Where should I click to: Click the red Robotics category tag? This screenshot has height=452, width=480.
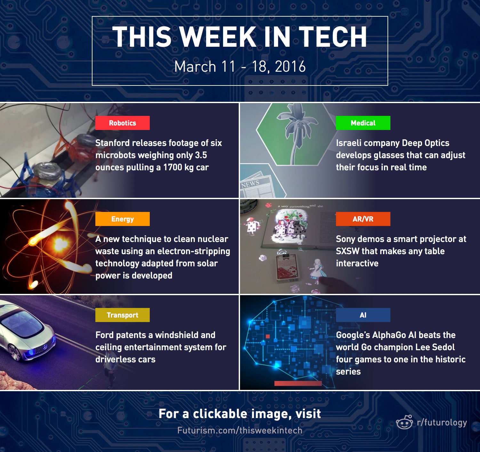pos(122,123)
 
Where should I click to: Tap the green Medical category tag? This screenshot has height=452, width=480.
pos(363,123)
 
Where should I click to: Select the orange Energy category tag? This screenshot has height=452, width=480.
pos(122,219)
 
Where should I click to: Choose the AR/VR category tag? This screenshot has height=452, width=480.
pos(363,219)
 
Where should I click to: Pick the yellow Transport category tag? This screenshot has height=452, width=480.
pos(122,315)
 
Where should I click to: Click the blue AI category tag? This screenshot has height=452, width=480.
pos(363,315)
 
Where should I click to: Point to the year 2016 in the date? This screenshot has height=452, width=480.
pos(290,67)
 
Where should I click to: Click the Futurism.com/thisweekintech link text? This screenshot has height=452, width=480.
pos(240,430)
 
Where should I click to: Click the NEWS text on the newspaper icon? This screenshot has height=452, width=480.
pos(250,184)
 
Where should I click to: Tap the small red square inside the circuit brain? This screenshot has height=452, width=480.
pos(268,336)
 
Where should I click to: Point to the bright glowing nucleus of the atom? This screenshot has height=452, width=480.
pos(59,244)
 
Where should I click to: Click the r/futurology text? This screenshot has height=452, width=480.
pos(442,423)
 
